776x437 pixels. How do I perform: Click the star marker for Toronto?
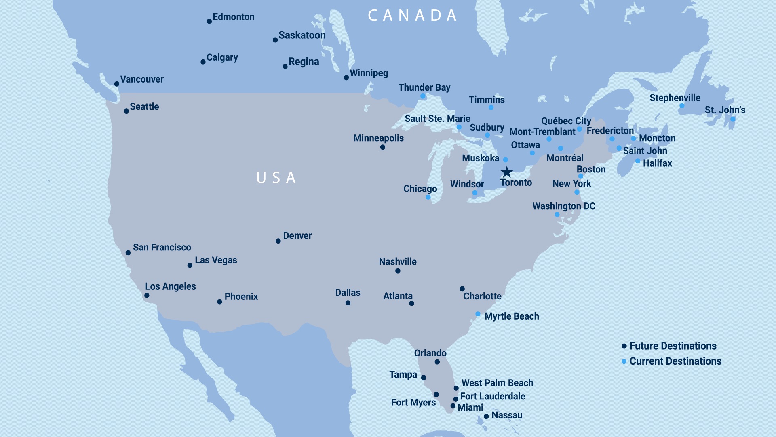click(506, 172)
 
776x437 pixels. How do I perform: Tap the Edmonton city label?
click(234, 17)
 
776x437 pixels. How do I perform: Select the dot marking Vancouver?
click(116, 84)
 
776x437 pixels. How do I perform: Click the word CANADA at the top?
click(413, 15)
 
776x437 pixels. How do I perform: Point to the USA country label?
click(277, 178)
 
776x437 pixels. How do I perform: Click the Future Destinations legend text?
click(673, 346)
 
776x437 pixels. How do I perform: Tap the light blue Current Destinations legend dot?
click(624, 361)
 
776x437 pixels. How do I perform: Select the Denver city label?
click(297, 235)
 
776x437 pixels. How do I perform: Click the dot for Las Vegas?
click(190, 265)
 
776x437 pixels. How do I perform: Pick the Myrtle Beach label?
click(512, 316)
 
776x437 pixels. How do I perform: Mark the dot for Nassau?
click(486, 416)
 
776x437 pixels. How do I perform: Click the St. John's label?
click(725, 110)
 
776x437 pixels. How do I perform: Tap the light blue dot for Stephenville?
click(682, 106)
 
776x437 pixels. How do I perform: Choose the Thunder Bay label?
click(424, 87)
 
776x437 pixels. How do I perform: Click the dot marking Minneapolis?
click(382, 147)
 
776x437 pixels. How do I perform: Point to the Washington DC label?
click(564, 206)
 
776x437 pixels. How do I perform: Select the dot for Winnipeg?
click(346, 78)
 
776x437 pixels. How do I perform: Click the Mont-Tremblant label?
click(542, 132)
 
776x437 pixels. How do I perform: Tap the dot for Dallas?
click(348, 303)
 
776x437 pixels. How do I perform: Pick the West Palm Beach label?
click(497, 383)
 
